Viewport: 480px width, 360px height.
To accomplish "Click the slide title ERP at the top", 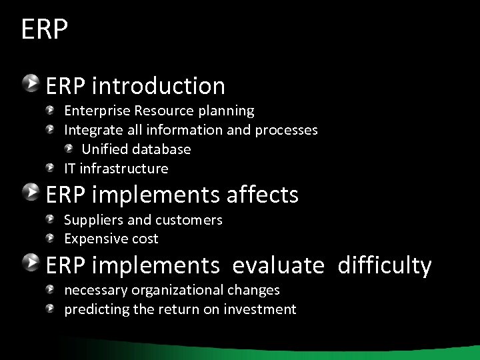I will [x=45, y=30].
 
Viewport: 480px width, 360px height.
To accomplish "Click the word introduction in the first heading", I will [x=159, y=86].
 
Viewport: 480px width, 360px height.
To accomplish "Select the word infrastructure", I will [x=124, y=168].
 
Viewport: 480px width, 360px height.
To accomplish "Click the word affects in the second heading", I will [x=263, y=195].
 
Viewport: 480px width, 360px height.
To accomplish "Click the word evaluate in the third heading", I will [x=278, y=265].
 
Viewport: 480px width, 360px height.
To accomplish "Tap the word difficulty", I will [x=385, y=265].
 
